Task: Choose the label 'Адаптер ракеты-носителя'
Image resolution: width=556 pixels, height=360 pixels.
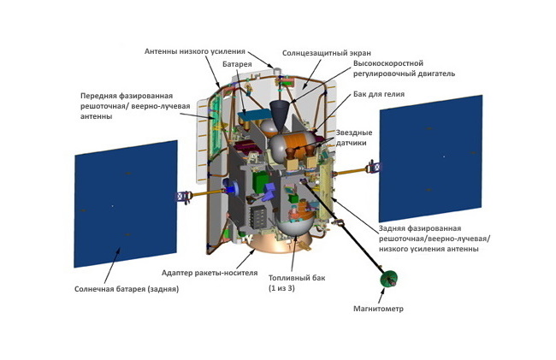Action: click(x=209, y=273)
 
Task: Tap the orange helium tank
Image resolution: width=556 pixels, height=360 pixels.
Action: click(x=300, y=141)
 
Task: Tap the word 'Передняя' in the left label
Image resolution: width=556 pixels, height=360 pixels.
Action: click(x=104, y=96)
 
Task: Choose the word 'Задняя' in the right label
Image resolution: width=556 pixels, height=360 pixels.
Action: click(x=394, y=228)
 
